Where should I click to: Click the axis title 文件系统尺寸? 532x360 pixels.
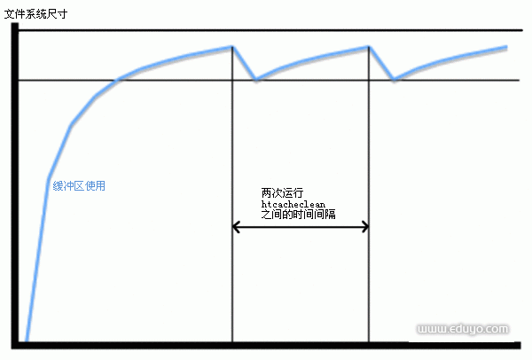(35, 14)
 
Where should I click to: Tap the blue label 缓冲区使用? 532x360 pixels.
(79, 185)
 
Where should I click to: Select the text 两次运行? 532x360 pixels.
(282, 192)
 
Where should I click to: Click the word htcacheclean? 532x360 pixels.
(293, 204)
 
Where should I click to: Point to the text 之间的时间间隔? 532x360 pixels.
(299, 214)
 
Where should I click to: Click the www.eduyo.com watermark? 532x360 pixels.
(463, 329)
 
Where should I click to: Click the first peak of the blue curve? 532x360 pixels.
(232, 46)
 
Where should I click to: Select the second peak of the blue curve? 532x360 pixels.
(369, 47)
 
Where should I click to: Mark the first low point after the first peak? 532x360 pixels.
(256, 80)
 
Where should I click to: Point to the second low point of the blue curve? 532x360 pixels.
(394, 80)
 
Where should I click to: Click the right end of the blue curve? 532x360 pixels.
(507, 47)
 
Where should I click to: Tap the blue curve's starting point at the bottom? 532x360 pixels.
(27, 340)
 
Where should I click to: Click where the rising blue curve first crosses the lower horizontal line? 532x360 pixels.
(116, 80)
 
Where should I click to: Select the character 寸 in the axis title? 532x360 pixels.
(62, 14)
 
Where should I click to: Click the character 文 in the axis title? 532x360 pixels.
(10, 14)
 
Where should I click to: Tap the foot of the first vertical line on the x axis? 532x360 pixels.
(232, 342)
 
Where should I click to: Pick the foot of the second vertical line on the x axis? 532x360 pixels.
(369, 342)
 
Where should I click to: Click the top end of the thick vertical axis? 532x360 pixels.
(15, 23)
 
